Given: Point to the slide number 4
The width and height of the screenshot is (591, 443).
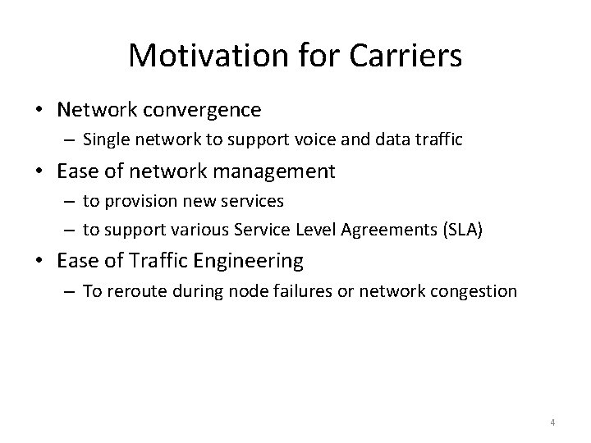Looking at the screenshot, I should (552, 422).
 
